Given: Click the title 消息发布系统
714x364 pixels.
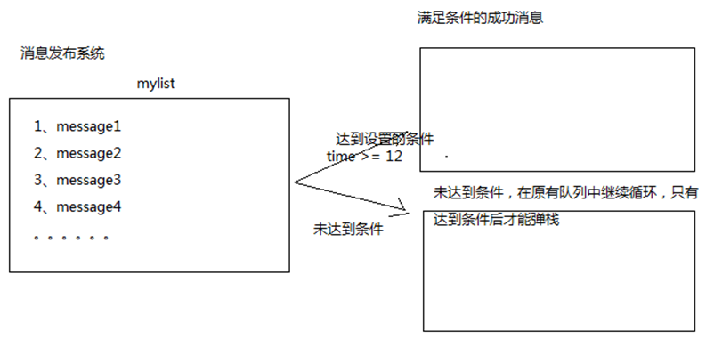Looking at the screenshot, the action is click(62, 53).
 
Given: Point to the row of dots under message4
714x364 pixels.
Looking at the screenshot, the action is click(71, 239).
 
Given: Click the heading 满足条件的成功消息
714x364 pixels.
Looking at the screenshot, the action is click(480, 18).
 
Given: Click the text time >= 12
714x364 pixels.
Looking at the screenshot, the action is click(365, 156).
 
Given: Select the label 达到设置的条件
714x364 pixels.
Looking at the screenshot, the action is click(385, 140).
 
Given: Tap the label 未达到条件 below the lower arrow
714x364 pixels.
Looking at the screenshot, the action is click(348, 229).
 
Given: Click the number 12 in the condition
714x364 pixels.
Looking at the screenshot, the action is click(394, 156).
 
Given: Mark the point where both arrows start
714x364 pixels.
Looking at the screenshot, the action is click(295, 183).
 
